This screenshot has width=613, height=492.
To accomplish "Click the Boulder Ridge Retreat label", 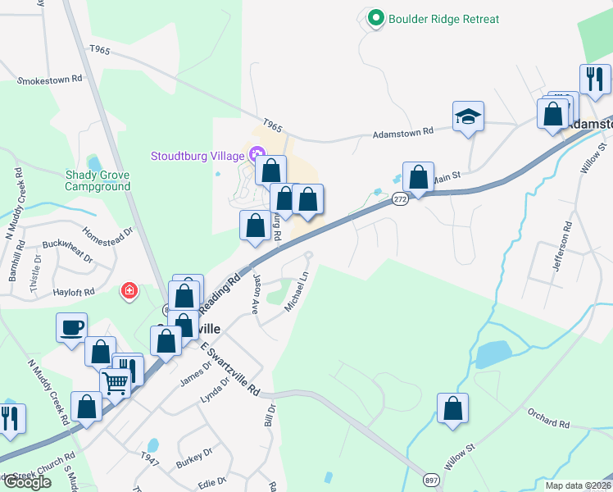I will click(x=443, y=19).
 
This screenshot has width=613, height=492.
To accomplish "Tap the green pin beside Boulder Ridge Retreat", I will click(x=376, y=18).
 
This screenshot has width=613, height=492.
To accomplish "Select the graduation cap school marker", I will click(x=468, y=116).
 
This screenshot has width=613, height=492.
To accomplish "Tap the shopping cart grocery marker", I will click(x=115, y=382).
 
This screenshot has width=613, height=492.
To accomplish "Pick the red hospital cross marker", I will click(x=129, y=291).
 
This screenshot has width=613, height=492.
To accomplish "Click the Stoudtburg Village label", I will click(x=198, y=156).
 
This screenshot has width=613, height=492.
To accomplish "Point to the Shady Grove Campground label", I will click(x=98, y=180).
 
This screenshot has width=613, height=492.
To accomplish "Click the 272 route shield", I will click(x=399, y=199).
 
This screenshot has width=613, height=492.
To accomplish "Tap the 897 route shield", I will click(x=431, y=479).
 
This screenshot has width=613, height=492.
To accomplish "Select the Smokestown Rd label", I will click(x=50, y=80).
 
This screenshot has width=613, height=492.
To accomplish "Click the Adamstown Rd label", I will click(x=402, y=133).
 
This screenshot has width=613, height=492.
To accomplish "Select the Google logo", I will click(x=26, y=482).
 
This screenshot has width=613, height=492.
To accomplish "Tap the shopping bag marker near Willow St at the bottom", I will click(x=452, y=409).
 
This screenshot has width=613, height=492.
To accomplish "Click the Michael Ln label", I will click(x=295, y=292).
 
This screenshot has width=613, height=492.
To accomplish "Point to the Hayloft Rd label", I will click(x=71, y=291).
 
